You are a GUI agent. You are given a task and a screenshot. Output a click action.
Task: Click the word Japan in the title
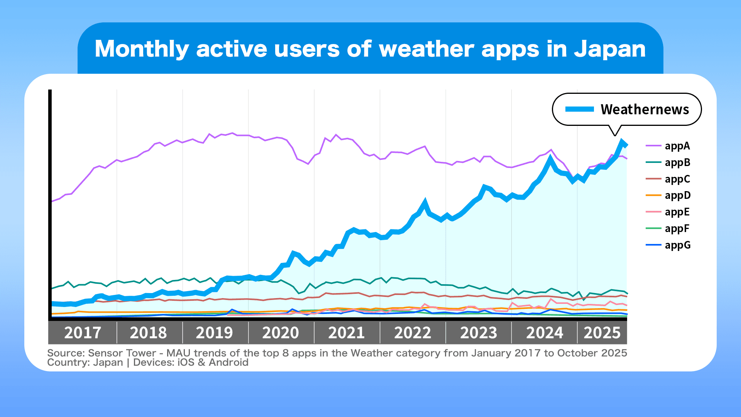tap(609, 49)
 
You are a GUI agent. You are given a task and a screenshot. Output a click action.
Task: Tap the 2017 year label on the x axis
tap(83, 333)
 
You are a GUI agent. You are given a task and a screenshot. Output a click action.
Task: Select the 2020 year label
tap(281, 333)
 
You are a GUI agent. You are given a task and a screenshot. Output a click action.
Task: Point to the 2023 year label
tap(479, 333)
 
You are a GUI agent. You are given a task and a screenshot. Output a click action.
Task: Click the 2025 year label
tap(602, 333)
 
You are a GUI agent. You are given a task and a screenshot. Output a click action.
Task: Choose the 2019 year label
tap(215, 333)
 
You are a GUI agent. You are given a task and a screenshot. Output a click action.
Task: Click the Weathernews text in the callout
tap(645, 110)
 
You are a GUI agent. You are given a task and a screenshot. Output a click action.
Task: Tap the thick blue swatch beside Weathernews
tap(579, 109)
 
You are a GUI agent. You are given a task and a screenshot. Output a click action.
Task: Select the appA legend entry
tap(677, 146)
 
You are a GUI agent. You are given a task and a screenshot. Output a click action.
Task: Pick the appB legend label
tap(677, 163)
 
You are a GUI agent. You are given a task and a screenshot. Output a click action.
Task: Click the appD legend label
tap(677, 195)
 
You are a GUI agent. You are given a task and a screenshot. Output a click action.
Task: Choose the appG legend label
tap(677, 245)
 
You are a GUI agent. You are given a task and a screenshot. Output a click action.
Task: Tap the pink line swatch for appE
tap(653, 212)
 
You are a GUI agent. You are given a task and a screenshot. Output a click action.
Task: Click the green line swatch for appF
tap(653, 229)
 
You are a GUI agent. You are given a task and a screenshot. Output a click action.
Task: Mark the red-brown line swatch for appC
tap(653, 179)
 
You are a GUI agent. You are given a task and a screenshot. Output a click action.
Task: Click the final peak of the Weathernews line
tap(622, 141)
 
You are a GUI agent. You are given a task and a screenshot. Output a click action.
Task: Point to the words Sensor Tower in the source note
tap(122, 353)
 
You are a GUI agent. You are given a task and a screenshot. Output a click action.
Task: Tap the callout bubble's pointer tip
tap(615, 136)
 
